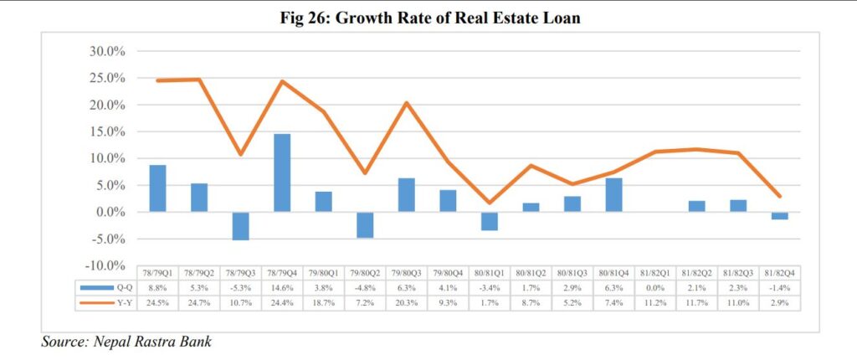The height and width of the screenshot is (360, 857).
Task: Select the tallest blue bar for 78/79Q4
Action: (x=281, y=172)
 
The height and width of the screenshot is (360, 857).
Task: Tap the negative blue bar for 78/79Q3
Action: (x=240, y=226)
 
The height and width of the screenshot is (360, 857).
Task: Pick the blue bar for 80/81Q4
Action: (x=613, y=195)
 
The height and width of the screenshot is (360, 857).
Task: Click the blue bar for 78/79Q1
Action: (x=157, y=188)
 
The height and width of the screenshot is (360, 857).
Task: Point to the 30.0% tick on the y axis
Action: (x=106, y=52)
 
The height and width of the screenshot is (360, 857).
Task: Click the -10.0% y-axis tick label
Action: (x=105, y=266)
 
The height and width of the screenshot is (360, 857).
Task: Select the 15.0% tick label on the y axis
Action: (x=106, y=132)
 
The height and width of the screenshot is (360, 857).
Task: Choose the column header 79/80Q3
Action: (x=407, y=274)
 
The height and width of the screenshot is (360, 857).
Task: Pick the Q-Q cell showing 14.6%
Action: (x=282, y=287)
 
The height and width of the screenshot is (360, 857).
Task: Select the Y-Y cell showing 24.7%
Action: (x=199, y=301)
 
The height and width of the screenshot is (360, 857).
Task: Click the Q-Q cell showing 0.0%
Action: (x=655, y=287)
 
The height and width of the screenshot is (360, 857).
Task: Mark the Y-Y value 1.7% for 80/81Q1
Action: (x=490, y=301)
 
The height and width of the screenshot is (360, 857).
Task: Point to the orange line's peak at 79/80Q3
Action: (x=406, y=103)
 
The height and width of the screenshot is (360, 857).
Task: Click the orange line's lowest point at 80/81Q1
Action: (x=490, y=203)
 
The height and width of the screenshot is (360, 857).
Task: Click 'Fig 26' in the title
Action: (x=303, y=19)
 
